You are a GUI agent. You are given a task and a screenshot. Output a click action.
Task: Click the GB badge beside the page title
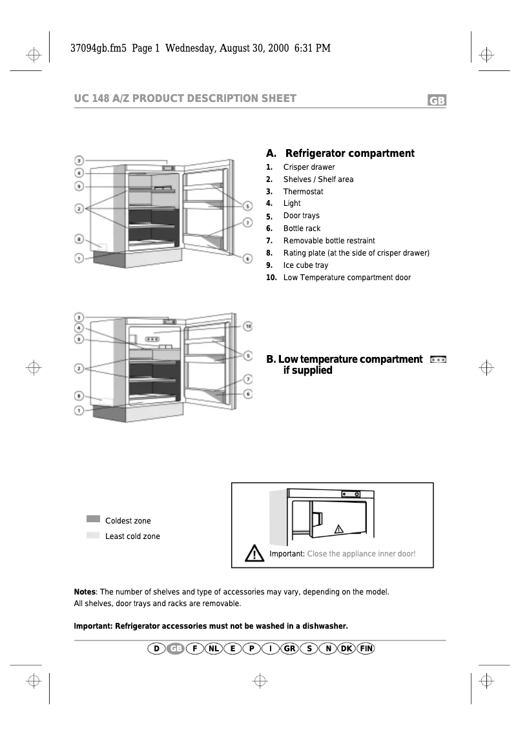[437, 101]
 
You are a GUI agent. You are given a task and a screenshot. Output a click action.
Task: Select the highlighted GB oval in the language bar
[176, 648]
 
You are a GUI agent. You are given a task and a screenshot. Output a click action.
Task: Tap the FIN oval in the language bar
[366, 648]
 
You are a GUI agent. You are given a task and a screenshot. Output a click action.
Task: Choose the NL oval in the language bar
[214, 648]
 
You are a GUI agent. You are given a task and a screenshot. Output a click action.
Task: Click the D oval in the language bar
[156, 648]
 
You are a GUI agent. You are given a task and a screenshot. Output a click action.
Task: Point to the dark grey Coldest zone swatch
[93, 519]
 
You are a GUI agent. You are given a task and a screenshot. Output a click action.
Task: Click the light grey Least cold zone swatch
[93, 535]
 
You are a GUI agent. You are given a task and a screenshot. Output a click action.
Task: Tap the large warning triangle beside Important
[255, 553]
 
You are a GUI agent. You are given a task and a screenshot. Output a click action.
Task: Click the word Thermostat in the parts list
[303, 192]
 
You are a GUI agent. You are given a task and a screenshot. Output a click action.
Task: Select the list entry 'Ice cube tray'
[306, 265]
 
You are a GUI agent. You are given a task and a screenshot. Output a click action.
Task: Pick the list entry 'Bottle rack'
[302, 229]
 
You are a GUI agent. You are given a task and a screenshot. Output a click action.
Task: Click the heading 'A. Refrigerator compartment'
[340, 154]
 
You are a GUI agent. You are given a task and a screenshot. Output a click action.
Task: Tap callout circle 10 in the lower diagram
[248, 326]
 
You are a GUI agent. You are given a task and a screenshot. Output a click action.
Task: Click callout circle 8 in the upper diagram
[78, 239]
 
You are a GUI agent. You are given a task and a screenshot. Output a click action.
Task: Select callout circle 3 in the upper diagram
[78, 160]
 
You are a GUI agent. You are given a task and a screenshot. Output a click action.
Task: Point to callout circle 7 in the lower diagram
[248, 379]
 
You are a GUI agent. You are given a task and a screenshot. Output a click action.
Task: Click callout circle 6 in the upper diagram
[248, 258]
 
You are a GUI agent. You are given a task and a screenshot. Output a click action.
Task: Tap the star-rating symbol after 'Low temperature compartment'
[438, 359]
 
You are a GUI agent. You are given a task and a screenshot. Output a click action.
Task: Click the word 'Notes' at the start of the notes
[85, 592]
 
